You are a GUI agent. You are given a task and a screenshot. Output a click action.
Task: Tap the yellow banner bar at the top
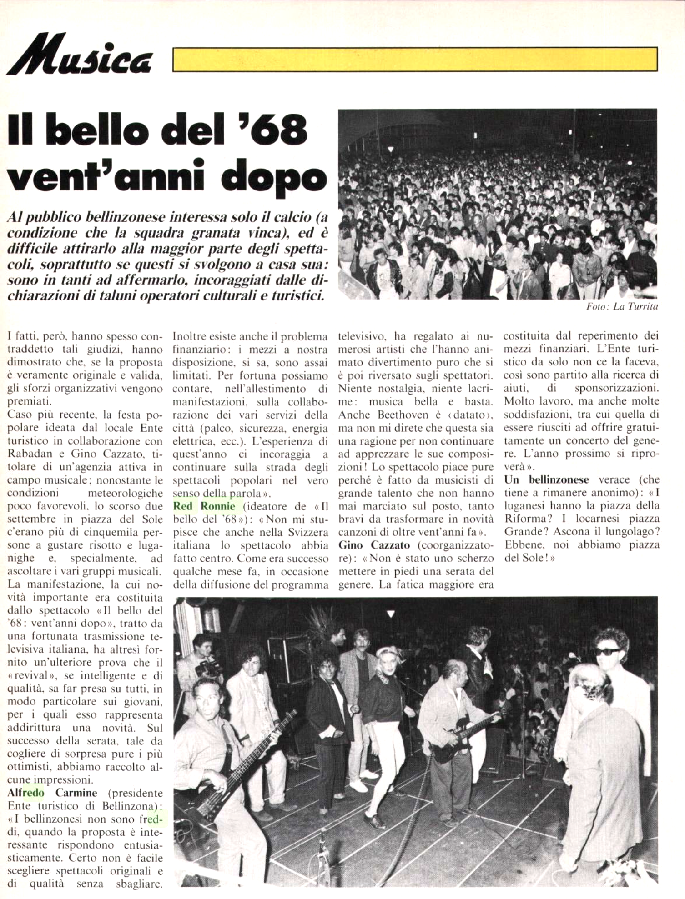[415, 59]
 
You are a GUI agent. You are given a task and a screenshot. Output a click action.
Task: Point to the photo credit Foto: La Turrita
[622, 306]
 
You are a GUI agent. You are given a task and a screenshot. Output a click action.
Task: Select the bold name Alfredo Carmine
[53, 793]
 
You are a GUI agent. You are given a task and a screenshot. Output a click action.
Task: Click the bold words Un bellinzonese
[547, 479]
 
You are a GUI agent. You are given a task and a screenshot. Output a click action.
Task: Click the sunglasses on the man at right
[608, 651]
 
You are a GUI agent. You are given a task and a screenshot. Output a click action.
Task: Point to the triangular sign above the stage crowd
[390, 614]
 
